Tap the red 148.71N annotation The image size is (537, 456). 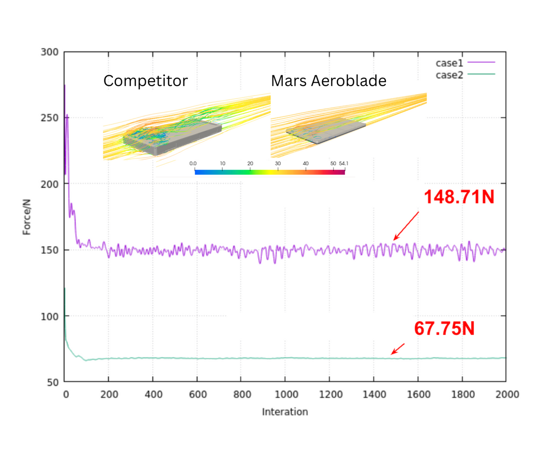[459, 197]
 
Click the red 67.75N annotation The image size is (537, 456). [444, 329]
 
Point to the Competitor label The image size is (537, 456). [145, 81]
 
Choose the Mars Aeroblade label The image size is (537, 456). [329, 81]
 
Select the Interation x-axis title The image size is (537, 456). [285, 412]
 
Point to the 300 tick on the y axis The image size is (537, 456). [50, 52]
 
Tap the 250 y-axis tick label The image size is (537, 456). [50, 118]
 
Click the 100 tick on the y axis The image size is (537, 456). [50, 316]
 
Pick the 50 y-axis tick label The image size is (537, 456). [52, 382]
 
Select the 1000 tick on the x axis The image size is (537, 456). [285, 395]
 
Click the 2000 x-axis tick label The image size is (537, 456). [506, 395]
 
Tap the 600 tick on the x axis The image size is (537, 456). [197, 395]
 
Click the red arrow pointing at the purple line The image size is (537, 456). [406, 226]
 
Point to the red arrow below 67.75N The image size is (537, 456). [398, 348]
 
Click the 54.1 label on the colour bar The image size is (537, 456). [343, 163]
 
